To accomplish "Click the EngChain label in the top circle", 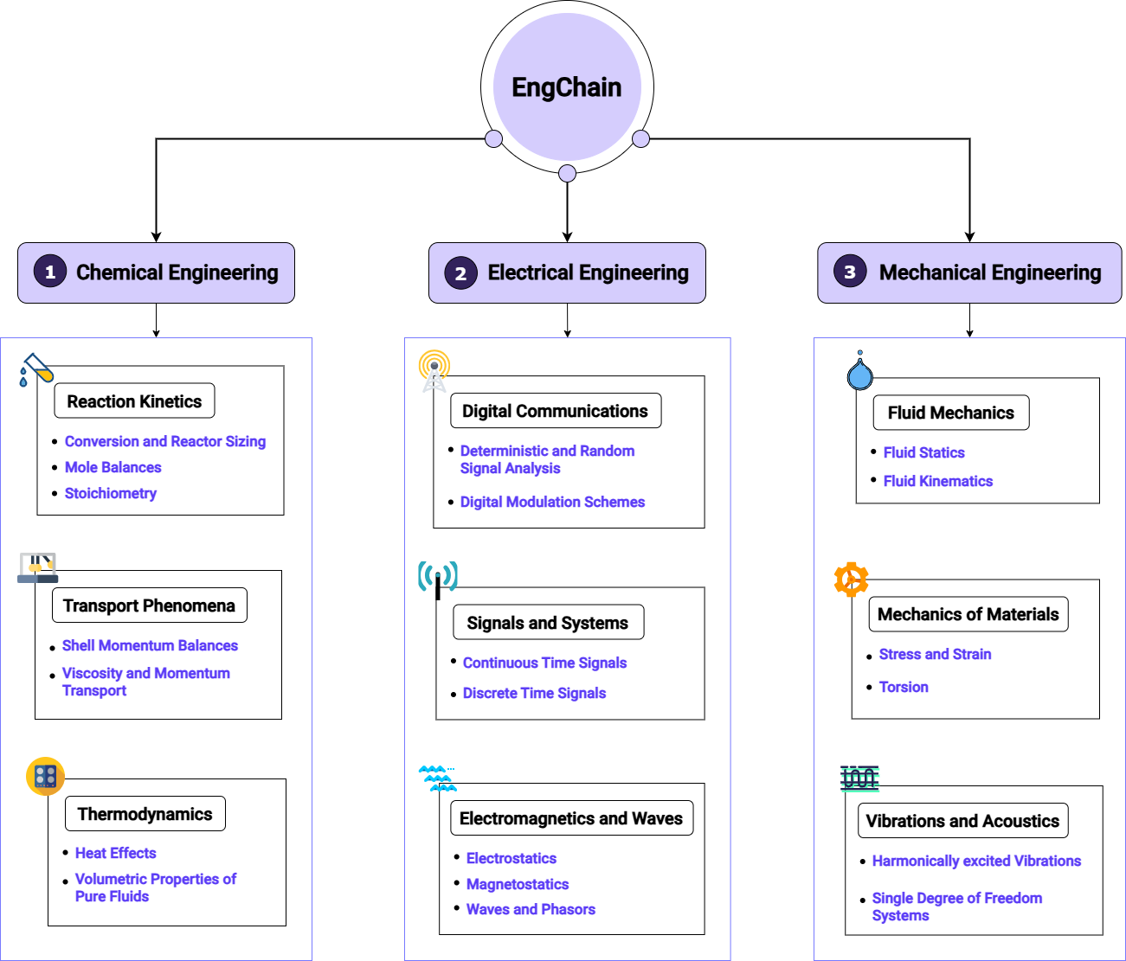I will coord(566,87).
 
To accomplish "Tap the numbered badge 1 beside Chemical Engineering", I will coord(50,272).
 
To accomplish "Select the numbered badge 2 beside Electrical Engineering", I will coord(460,273).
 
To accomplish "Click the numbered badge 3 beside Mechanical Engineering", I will coord(850,272).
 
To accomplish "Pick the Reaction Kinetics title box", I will coord(134,401).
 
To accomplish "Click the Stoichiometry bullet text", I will coord(111,493).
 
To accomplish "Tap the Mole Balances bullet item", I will coord(113,467).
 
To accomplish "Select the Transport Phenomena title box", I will coord(149,605).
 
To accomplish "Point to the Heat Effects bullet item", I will coord(115,853).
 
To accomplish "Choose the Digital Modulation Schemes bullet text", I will coord(552,502).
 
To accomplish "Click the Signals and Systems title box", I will coord(548,623).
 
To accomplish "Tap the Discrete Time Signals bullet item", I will coord(534,693).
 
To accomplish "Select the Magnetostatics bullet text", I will coord(518,884).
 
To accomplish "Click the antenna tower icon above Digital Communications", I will coord(434,370).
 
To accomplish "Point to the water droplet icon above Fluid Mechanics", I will coord(859,372).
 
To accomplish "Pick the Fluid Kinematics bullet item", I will coord(937,481).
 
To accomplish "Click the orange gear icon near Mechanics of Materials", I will coord(851,580).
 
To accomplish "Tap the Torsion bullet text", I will coord(904,687).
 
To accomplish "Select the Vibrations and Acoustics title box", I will coord(962,821).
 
